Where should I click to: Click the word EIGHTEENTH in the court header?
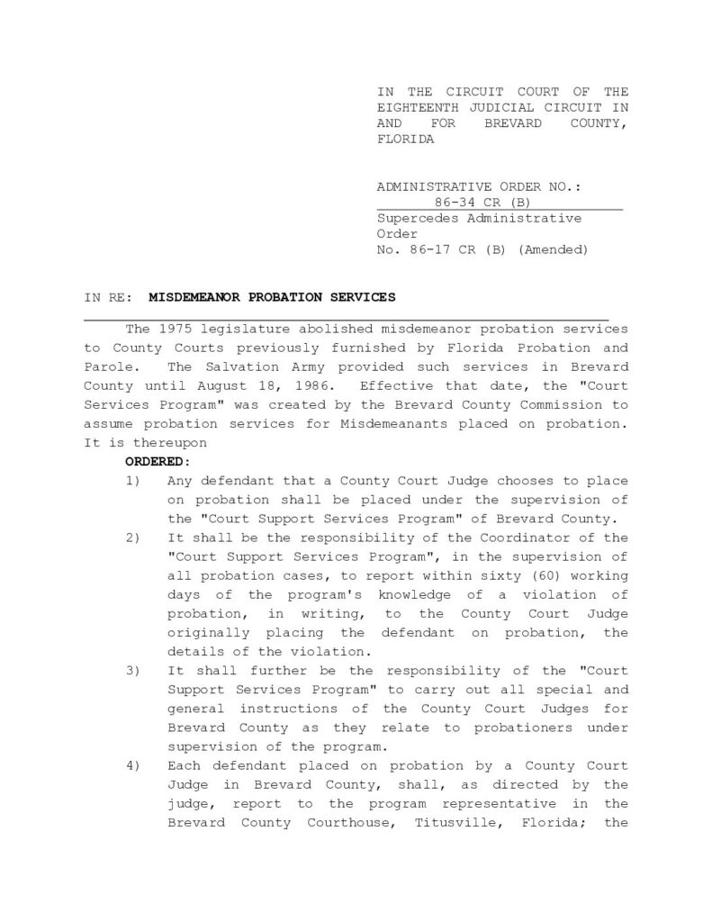click(x=414, y=107)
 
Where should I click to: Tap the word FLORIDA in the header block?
click(x=405, y=140)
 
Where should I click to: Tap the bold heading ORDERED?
click(x=158, y=461)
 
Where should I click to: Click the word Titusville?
click(x=450, y=822)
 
